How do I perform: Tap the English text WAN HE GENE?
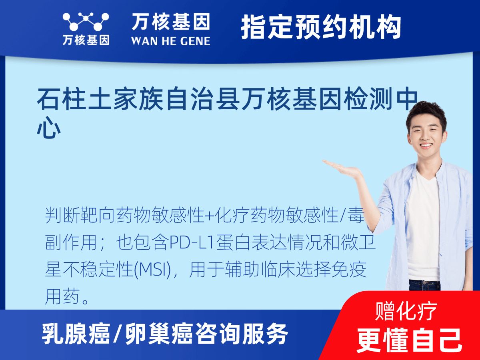[x=171, y=41]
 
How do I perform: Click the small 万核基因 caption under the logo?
[x=86, y=40]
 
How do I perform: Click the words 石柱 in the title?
[x=61, y=100]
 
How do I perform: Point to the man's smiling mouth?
[x=425, y=145]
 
